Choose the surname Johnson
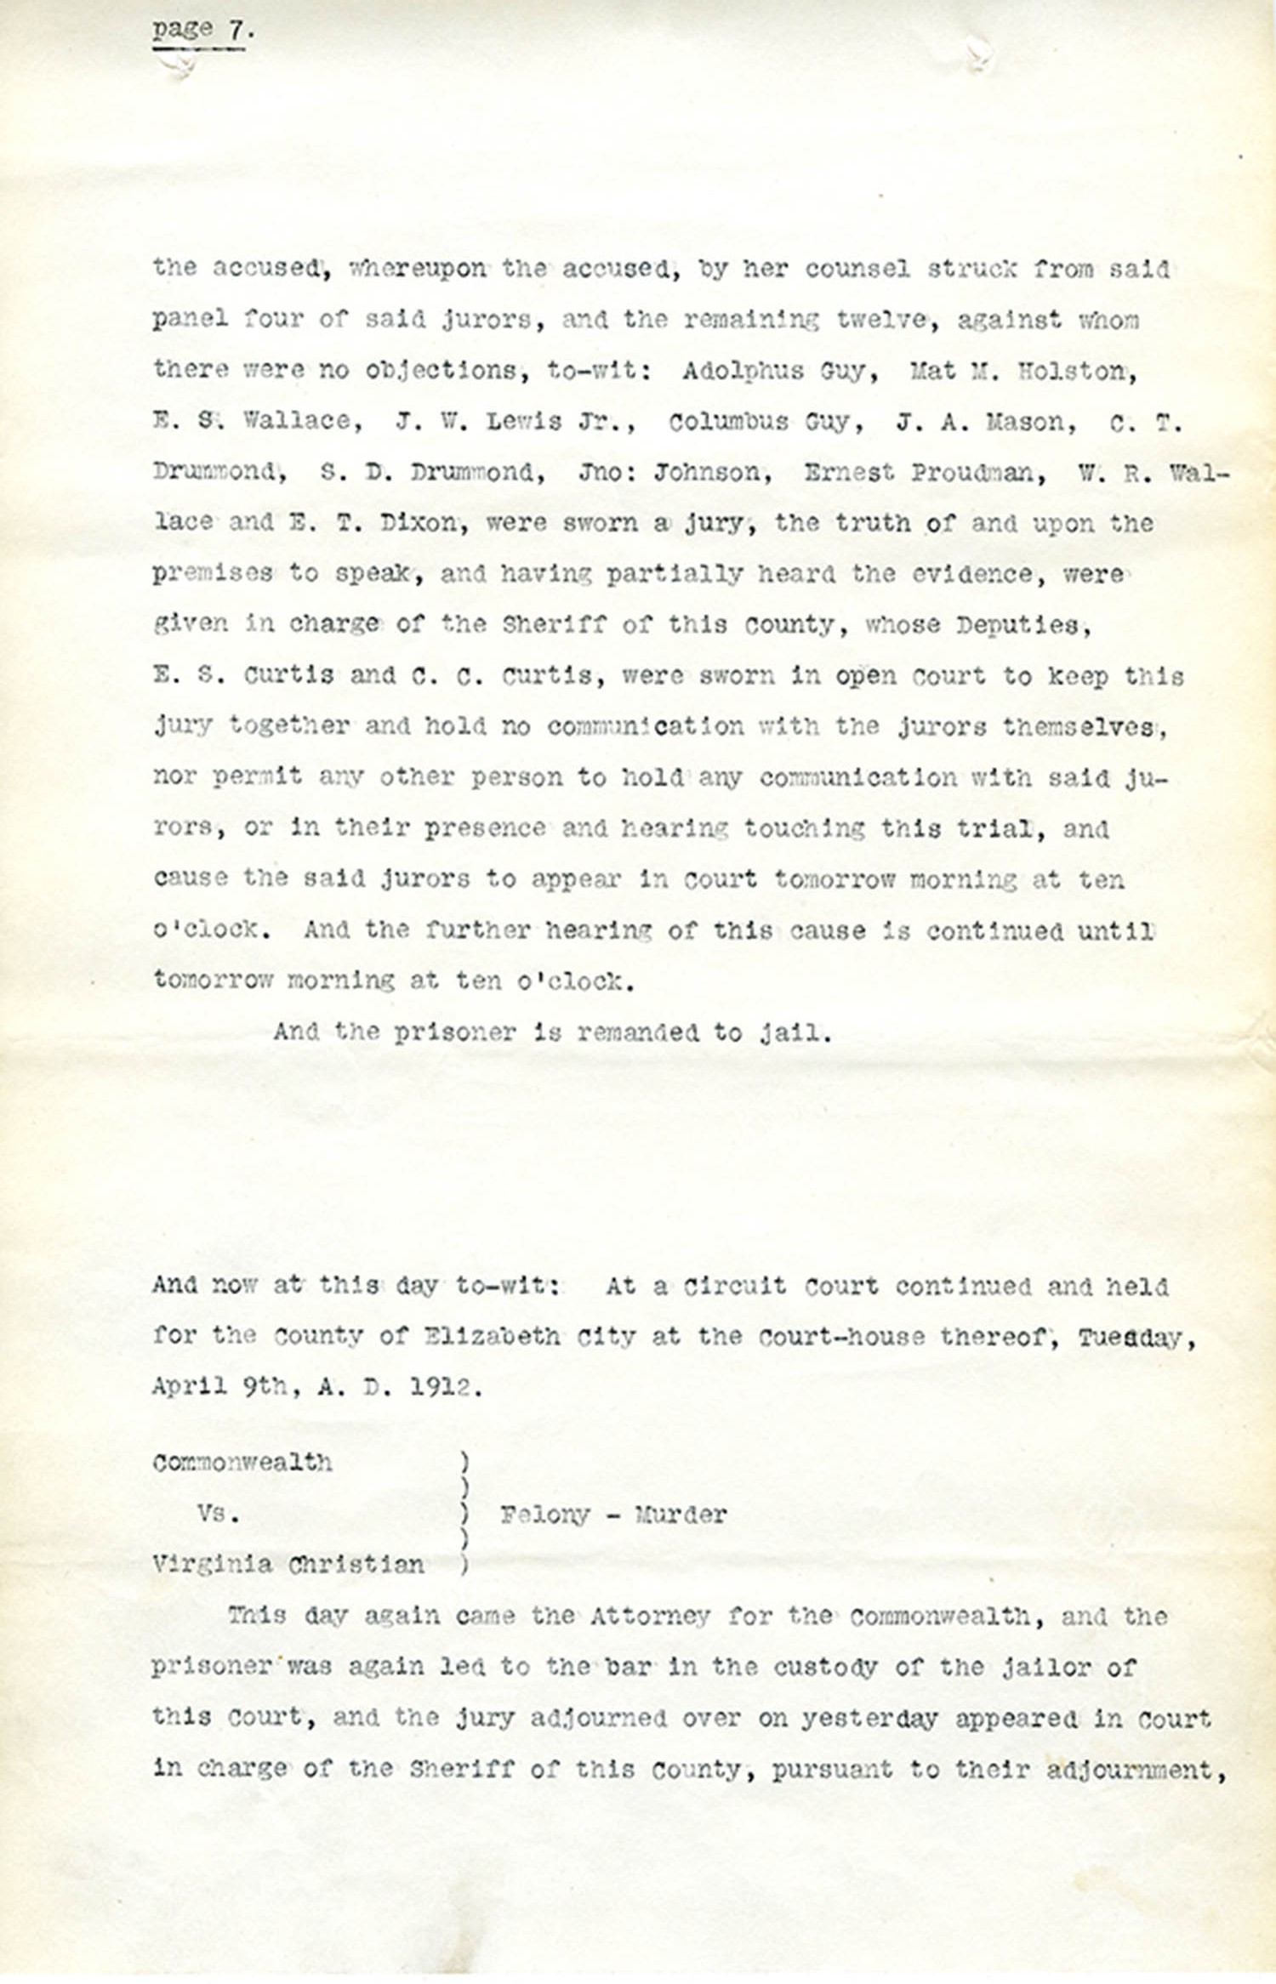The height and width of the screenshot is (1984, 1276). [712, 473]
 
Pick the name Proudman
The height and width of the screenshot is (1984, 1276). [978, 473]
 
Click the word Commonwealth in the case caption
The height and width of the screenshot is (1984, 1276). [242, 1463]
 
